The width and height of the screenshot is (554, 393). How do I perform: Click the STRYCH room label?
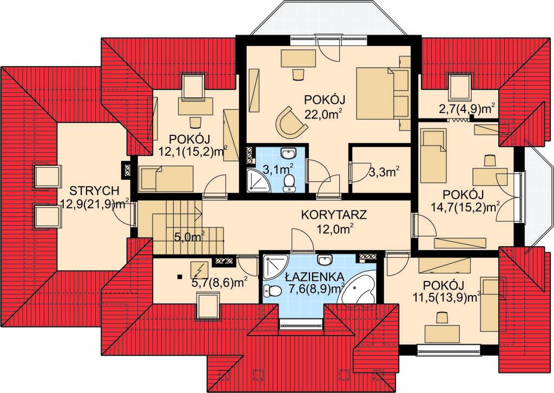coord(94,191)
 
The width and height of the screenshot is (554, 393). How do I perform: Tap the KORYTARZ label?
coord(334,215)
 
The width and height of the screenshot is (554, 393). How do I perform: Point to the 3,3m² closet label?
coord(384,172)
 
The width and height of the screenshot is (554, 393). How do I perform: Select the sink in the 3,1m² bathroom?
coord(289,154)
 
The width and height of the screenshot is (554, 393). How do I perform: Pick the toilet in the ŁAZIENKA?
coord(272,291)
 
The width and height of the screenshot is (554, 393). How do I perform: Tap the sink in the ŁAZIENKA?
coord(325,260)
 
